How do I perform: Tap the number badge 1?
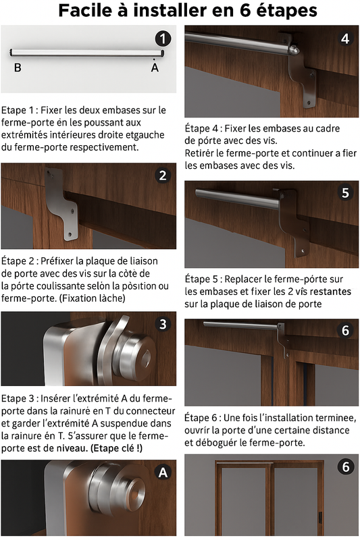[x=163, y=38]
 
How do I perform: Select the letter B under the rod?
[x=18, y=67]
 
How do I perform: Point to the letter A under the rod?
[x=155, y=67]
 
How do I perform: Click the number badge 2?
[x=163, y=176]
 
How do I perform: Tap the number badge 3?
[x=163, y=324]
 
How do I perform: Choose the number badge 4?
[x=345, y=38]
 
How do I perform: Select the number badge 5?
[x=345, y=193]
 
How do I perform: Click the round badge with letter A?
[x=163, y=473]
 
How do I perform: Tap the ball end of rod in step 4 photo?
[x=294, y=49]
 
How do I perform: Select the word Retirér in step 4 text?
[x=201, y=153]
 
